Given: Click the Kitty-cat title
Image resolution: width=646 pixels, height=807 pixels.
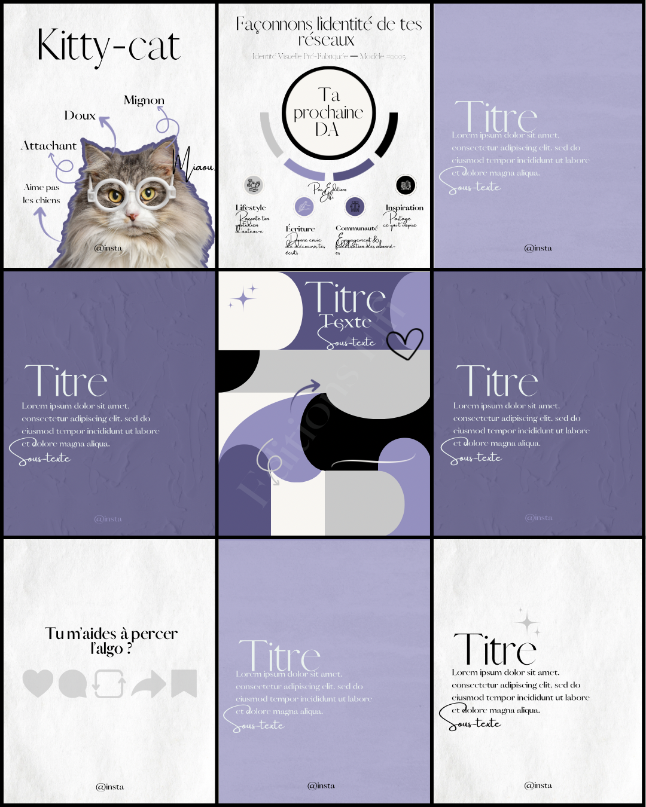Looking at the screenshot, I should [108, 47].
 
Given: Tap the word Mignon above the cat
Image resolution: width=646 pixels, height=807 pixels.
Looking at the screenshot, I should [144, 100].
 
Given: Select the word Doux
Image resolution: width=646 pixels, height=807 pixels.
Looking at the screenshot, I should [80, 116].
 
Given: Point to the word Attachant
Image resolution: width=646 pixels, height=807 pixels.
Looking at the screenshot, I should [49, 146].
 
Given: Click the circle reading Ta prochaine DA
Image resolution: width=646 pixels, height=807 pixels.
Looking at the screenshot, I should [328, 113].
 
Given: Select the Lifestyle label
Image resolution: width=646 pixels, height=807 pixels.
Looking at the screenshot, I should [251, 207].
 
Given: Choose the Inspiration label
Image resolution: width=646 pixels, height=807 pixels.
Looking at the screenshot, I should [404, 207].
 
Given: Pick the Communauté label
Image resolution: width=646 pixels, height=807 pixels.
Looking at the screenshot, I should [356, 228].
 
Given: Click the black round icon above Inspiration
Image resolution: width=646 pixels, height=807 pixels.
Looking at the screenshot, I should [405, 185].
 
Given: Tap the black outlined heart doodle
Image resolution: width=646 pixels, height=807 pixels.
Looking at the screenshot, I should [405, 343].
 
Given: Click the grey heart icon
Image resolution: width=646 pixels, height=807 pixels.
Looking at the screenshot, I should [38, 683].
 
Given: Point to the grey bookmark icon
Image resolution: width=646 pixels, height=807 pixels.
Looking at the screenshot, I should [184, 683].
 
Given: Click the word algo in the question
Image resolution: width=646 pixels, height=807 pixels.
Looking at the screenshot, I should [110, 649].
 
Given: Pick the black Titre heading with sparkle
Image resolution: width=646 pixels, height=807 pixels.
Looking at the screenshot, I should [495, 650].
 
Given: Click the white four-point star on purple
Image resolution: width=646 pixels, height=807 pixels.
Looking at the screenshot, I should [243, 298].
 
